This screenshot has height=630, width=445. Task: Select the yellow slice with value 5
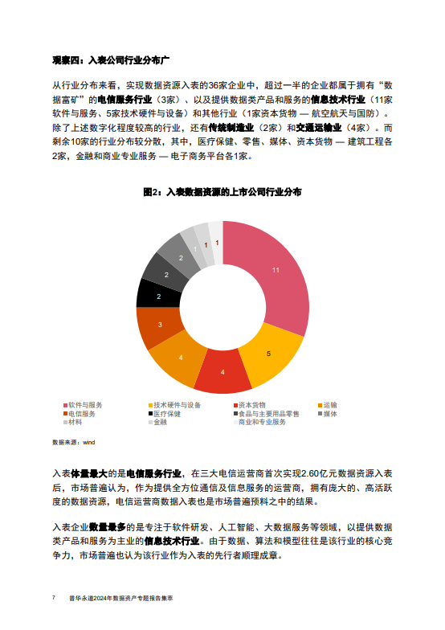click(268, 353)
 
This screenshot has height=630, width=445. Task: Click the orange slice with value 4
click(180, 357)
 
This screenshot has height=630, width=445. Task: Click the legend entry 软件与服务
click(84, 403)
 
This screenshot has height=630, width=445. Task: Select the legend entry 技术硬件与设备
click(176, 403)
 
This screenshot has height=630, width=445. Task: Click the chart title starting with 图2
click(222, 193)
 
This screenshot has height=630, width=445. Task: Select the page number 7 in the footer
click(53, 599)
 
